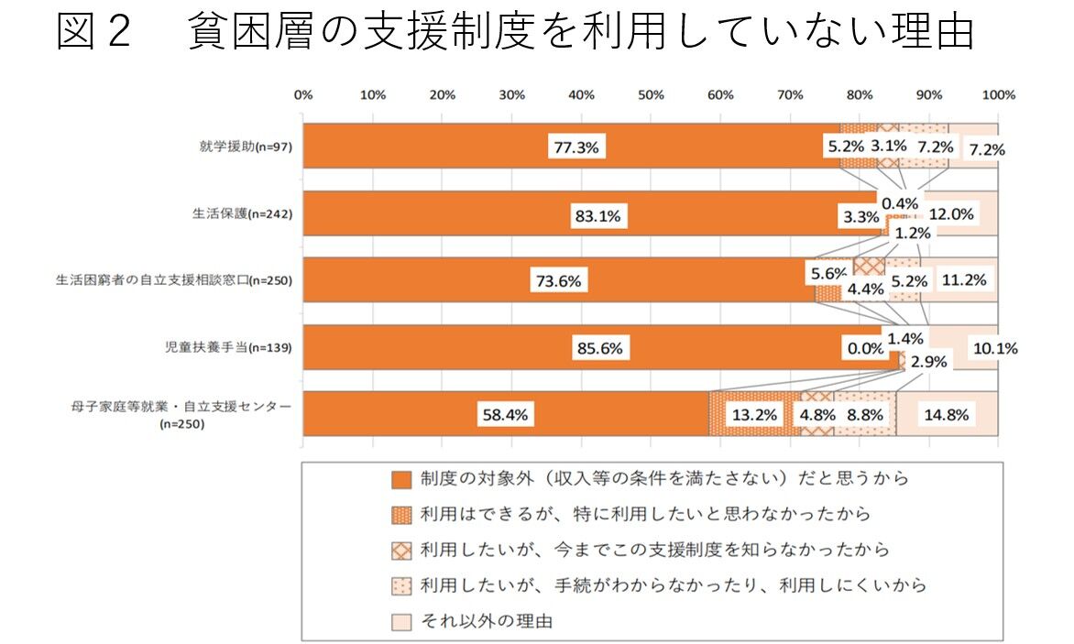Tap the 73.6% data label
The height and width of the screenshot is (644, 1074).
coord(558,281)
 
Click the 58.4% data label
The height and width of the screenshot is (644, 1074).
coord(506,414)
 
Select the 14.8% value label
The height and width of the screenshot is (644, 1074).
coord(946,414)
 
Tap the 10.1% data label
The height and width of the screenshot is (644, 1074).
coord(994,348)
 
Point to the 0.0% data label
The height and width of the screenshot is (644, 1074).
coord(864,348)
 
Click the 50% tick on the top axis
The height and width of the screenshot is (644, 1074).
coord(651,95)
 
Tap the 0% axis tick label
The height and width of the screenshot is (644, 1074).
coord(303,95)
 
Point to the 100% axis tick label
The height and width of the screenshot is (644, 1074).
coord(998,95)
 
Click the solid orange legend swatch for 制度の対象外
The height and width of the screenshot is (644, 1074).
coord(400,479)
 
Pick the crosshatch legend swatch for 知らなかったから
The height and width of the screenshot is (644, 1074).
coord(400,551)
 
